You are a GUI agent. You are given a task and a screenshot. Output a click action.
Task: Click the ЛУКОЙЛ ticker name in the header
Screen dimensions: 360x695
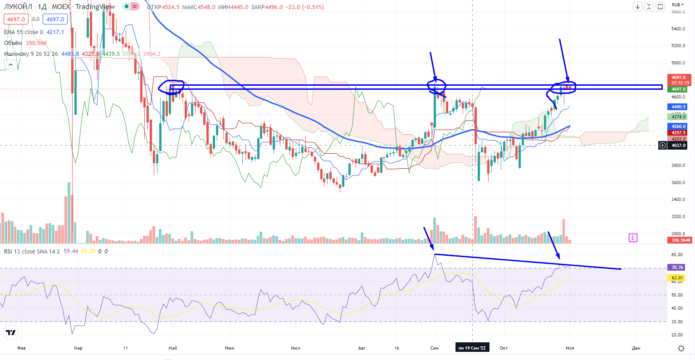coord(18,7)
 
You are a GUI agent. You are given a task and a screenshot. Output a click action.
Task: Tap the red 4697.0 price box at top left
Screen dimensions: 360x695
coord(16,19)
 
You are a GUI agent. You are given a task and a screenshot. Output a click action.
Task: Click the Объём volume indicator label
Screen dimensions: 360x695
coord(13,43)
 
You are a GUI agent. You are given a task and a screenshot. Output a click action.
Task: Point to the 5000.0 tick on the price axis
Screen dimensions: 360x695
coord(678,63)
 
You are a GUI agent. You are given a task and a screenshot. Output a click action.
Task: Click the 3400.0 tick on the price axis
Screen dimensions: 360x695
coord(678,199)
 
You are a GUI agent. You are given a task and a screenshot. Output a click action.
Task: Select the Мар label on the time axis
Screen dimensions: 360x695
coord(78,348)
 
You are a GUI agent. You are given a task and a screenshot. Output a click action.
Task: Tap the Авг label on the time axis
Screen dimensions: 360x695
coord(362,348)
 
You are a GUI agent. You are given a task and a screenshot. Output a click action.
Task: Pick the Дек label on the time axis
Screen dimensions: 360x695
coord(636,348)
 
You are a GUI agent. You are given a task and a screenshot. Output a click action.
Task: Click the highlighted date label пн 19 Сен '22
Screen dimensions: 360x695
coord(472,348)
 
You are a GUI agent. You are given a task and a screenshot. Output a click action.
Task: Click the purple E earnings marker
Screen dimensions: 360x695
coord(633,238)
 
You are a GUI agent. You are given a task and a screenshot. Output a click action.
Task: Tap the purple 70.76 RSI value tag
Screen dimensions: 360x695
coord(677,268)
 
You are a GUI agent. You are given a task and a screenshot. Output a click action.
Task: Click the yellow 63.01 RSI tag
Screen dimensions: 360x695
coord(677,278)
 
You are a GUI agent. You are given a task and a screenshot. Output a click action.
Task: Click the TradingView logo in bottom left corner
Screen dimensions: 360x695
coord(11,333)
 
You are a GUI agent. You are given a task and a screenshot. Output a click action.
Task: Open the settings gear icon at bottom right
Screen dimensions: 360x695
coord(681,348)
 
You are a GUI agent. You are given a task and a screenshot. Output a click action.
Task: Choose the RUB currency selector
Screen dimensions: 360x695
coord(678,5)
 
